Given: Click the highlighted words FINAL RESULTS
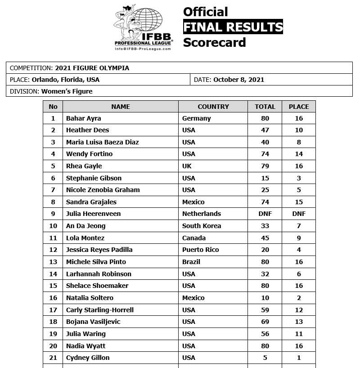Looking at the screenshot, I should point(233,27).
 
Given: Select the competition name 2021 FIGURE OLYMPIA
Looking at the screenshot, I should point(92,68).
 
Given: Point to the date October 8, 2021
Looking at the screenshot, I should point(238,80).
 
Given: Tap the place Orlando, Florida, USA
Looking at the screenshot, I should point(66,80).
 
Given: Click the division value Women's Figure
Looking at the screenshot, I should point(67,91).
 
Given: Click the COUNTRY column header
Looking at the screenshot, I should point(213,107).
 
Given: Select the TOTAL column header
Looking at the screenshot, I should point(265,107).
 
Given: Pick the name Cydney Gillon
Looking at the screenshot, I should point(88,358).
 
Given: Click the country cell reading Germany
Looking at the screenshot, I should point(196,118).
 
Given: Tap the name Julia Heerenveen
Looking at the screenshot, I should point(93,214).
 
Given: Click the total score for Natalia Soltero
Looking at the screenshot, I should point(265,298).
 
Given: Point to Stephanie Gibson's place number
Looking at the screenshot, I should point(299,178).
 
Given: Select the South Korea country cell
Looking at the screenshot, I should point(202,226).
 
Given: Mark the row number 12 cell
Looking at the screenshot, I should point(53,250).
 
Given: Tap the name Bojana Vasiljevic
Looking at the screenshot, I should point(93,322).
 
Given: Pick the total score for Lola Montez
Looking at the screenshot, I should point(265,238).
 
